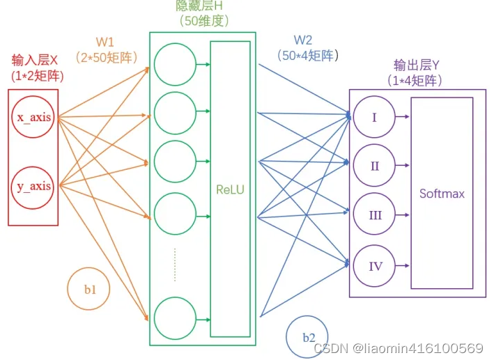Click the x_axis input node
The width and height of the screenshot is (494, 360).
click(33, 117)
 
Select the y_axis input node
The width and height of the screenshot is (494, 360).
click(33, 186)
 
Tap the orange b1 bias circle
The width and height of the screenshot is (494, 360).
click(88, 288)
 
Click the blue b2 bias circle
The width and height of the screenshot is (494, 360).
click(307, 336)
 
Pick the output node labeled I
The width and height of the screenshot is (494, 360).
click(374, 117)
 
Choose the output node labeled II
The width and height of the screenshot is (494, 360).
click(374, 166)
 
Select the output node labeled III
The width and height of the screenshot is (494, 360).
click(374, 215)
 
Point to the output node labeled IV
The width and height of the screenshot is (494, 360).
click(374, 265)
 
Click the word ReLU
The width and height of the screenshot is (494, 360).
click(230, 189)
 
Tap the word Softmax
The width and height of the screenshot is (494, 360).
click(442, 193)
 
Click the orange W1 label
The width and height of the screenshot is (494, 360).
click(105, 42)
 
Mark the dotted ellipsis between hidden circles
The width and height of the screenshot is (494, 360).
click(175, 265)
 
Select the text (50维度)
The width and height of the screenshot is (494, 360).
click(203, 21)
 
